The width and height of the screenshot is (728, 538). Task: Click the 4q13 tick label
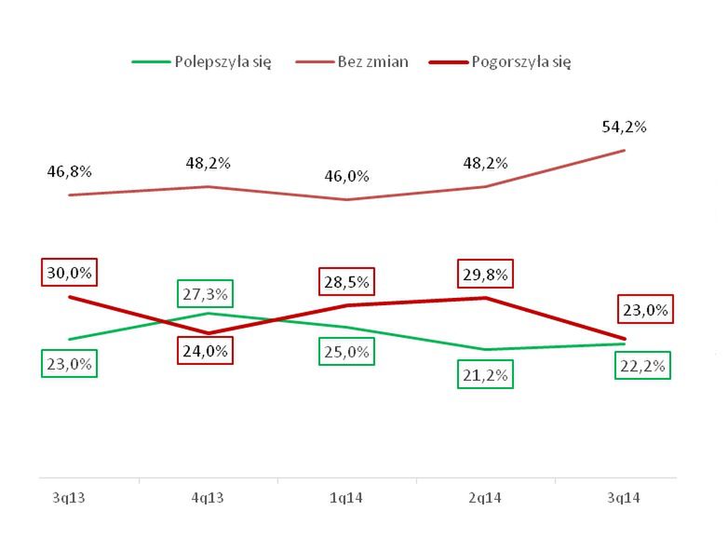point(208,500)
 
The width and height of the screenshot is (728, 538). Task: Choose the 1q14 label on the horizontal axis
point(346,500)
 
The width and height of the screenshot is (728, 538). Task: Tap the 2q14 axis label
point(485,500)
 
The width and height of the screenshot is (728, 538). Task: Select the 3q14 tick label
point(624,500)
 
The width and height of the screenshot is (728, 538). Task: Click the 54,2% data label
point(624,127)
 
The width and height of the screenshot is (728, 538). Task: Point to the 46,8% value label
point(70,171)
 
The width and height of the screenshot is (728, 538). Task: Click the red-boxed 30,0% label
point(70,272)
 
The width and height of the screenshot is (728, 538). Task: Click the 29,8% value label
point(485,274)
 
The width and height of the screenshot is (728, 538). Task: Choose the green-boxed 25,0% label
point(347,351)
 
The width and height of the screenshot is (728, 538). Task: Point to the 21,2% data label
point(485,376)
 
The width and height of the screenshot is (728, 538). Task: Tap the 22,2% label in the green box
point(642,366)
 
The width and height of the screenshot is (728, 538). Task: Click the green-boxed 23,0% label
point(70,364)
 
